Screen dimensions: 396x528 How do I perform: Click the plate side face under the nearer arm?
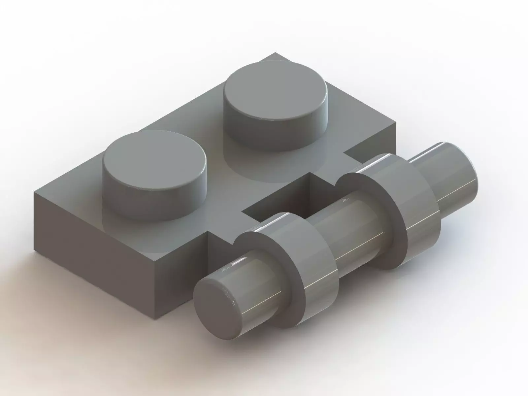(185, 284)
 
